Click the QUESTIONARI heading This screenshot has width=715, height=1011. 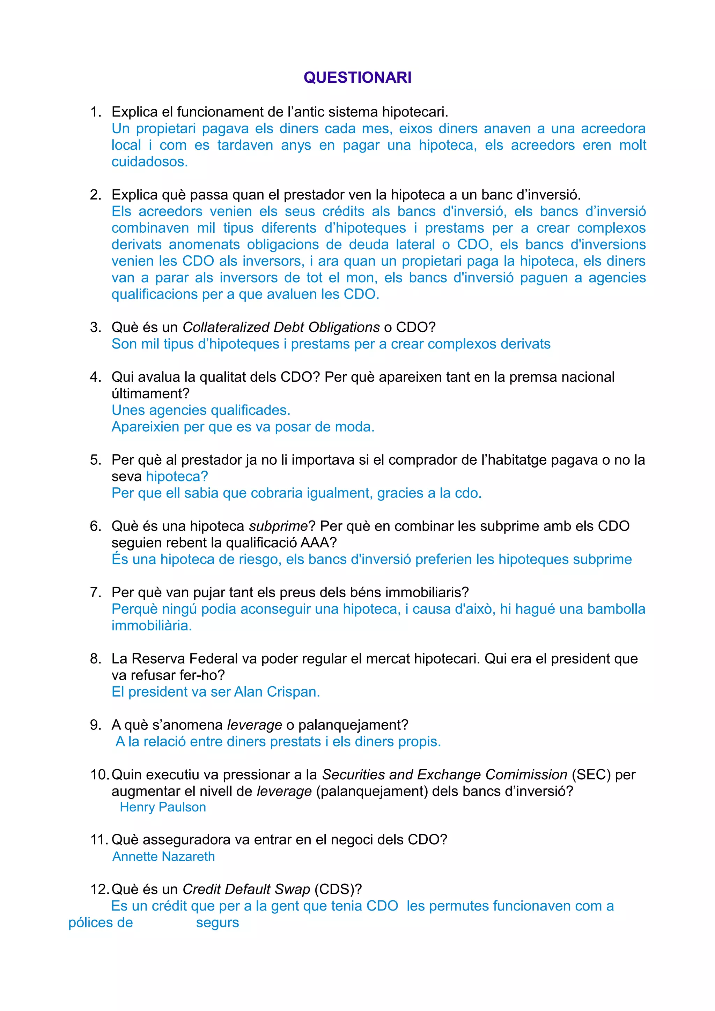pos(357,77)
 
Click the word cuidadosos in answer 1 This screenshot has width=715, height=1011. pos(149,162)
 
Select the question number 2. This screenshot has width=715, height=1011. pos(95,195)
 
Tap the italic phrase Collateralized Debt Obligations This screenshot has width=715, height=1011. pos(281,327)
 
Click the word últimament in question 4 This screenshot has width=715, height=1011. pos(150,394)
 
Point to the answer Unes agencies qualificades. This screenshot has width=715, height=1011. pos(201,410)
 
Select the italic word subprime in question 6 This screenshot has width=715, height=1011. pos(278,526)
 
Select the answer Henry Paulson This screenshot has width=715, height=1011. pos(163,807)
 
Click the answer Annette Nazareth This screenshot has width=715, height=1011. pos(163,856)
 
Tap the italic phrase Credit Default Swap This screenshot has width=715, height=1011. pos(246,890)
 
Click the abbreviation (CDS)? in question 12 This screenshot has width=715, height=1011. pos(338,890)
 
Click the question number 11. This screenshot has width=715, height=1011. pos(99,840)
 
